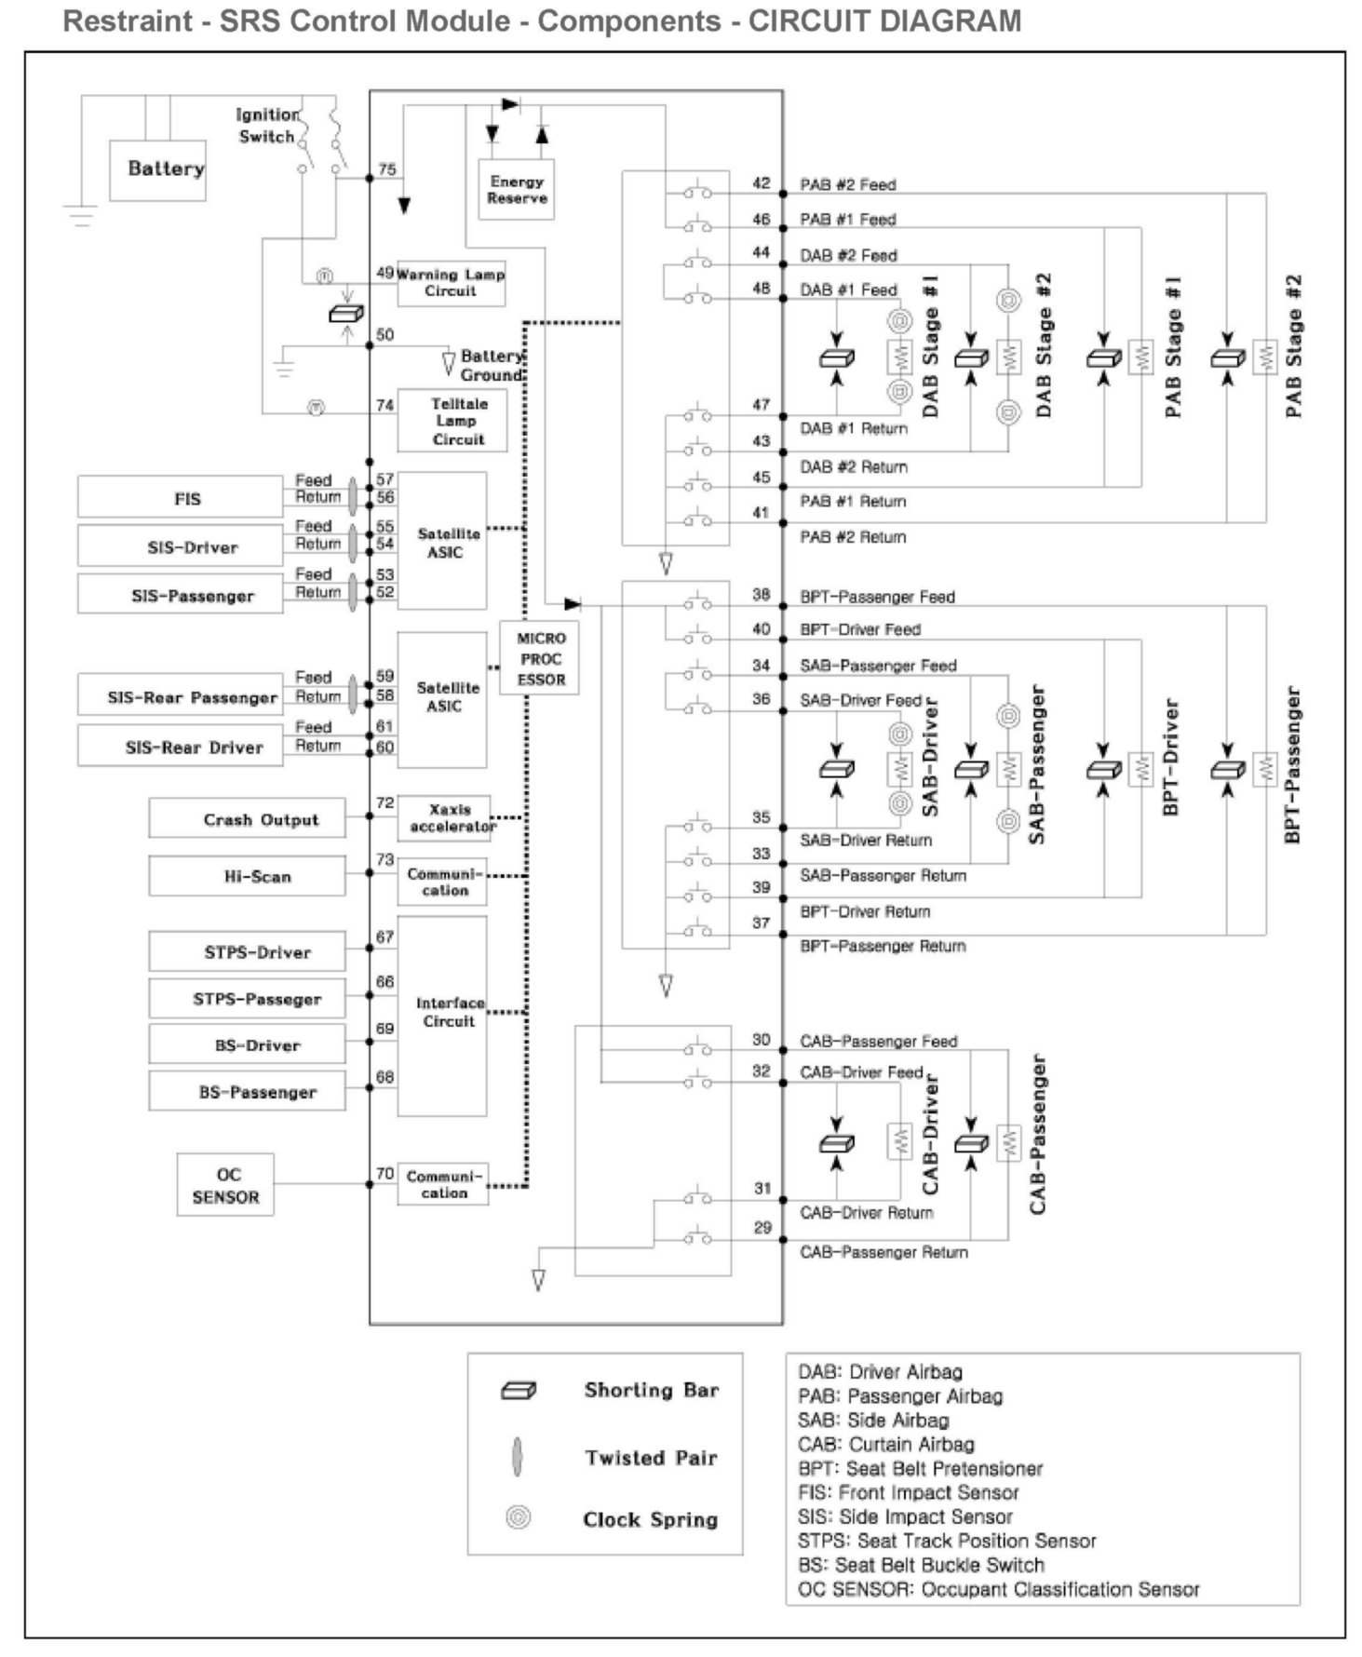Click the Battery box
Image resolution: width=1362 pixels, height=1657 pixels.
tap(157, 170)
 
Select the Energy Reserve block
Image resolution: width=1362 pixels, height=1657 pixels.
tap(517, 190)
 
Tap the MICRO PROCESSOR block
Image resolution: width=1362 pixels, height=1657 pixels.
tap(541, 658)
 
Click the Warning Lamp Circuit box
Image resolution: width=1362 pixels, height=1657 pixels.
tap(451, 283)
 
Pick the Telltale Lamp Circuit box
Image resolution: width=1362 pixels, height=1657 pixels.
tap(453, 421)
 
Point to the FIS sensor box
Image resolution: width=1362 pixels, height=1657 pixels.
tap(181, 497)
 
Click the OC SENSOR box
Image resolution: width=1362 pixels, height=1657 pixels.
tap(225, 1185)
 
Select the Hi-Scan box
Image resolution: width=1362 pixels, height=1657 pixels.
tap(247, 876)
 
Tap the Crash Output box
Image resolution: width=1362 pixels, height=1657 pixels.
tap(247, 818)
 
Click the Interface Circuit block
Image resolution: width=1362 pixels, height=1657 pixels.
tap(442, 1015)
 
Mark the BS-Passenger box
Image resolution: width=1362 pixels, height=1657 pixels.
tap(247, 1091)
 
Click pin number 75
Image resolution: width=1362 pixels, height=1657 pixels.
tap(386, 169)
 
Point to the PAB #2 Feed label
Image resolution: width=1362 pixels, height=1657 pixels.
tap(847, 184)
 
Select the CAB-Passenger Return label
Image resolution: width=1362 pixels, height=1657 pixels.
tap(883, 1252)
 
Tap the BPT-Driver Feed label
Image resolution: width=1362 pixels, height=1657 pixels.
tap(860, 629)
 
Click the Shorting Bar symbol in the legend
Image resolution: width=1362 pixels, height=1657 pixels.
tap(519, 1391)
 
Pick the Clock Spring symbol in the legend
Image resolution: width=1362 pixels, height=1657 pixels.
tap(518, 1517)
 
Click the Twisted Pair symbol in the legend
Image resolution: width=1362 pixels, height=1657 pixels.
tap(518, 1457)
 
